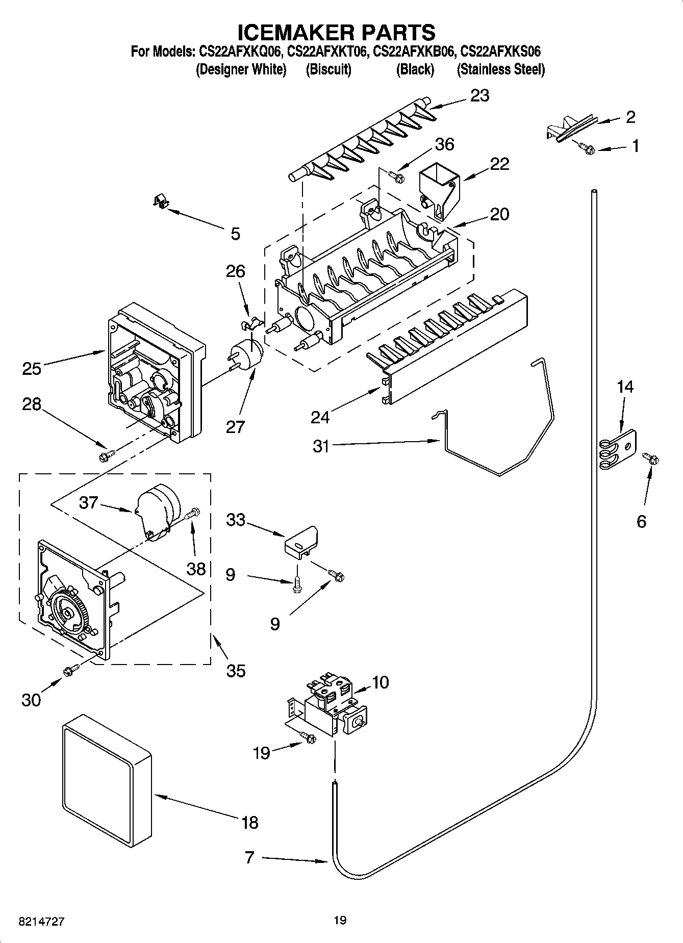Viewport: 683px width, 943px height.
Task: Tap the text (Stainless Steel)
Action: click(x=500, y=70)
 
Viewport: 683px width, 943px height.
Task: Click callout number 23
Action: click(x=479, y=95)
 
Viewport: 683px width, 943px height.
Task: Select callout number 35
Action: click(x=236, y=670)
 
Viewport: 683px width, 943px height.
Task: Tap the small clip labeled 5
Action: click(x=161, y=201)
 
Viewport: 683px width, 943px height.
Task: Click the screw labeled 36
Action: click(x=396, y=176)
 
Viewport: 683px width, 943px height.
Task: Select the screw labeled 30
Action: click(x=71, y=671)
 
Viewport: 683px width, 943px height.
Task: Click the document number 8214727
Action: click(x=42, y=921)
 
